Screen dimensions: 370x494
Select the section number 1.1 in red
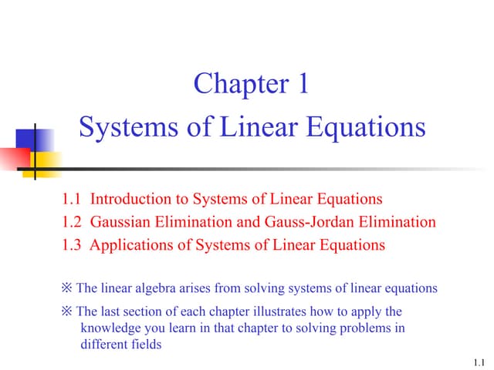click(72, 200)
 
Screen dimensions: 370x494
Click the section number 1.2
click(72, 223)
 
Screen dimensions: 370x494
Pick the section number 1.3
click(72, 246)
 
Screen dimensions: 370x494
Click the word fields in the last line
click(147, 345)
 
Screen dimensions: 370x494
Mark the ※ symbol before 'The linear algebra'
click(66, 289)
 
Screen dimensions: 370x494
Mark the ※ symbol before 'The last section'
click(66, 312)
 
